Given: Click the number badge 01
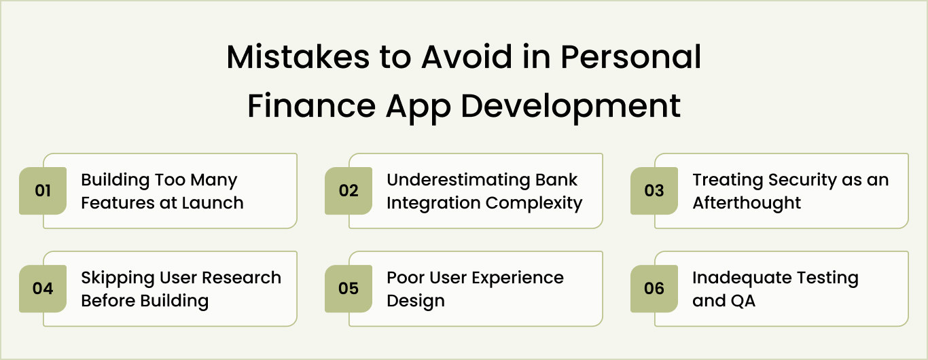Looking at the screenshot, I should [x=43, y=191].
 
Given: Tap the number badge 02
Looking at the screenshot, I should [x=349, y=191].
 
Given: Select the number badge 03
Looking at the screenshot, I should [x=654, y=191].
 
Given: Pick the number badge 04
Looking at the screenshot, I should [x=43, y=289].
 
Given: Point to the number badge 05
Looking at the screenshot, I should [x=349, y=289].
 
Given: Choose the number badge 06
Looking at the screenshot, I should [x=654, y=289].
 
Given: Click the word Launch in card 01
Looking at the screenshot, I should [x=213, y=202].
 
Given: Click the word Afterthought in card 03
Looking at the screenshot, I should [x=747, y=202].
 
